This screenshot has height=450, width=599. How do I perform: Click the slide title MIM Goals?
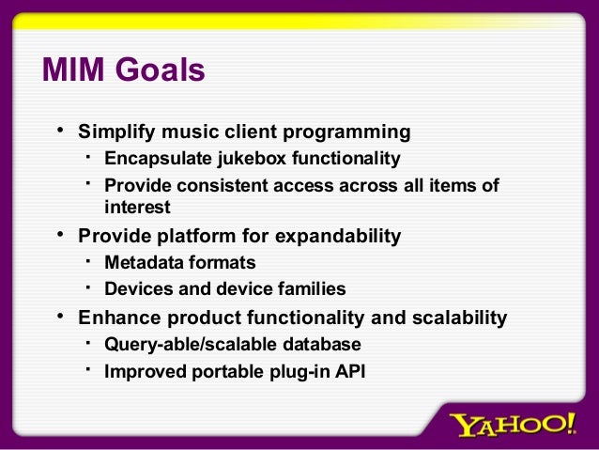[123, 70]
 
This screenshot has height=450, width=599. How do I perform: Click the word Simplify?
[115, 131]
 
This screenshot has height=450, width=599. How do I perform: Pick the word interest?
[137, 206]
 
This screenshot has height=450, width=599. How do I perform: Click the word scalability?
[456, 318]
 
